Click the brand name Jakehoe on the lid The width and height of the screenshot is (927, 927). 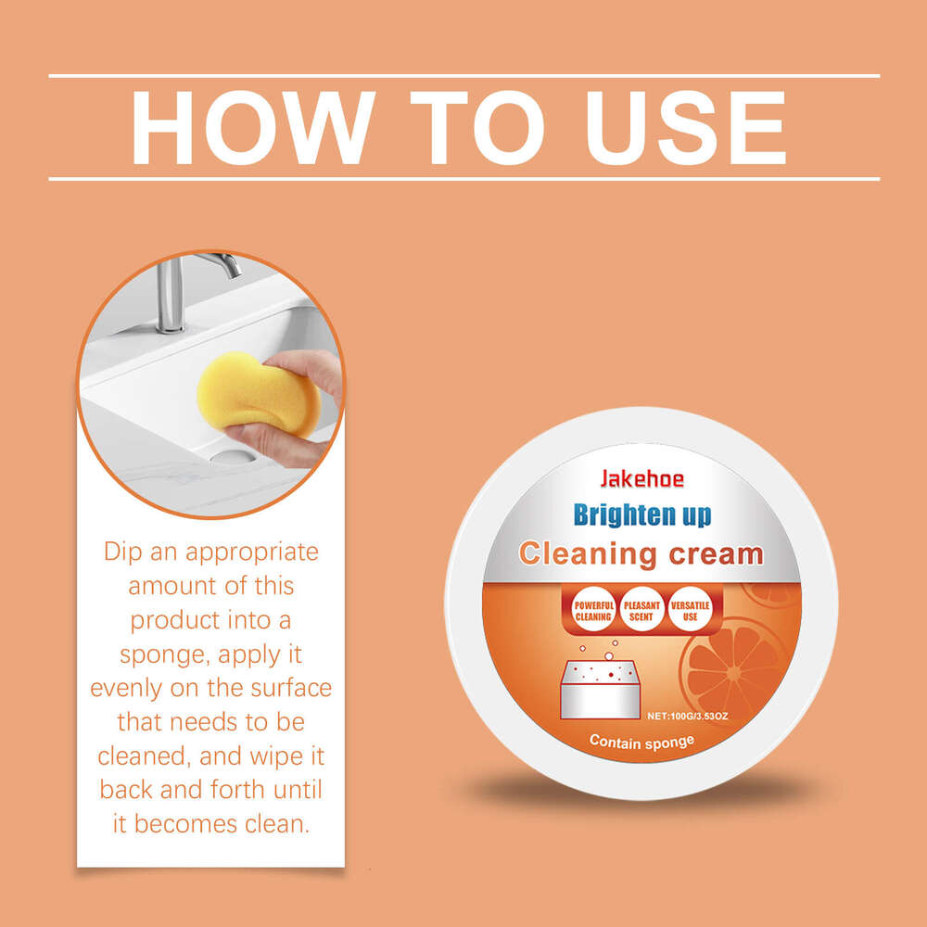coord(641,479)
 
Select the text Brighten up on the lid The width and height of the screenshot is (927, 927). coord(641,514)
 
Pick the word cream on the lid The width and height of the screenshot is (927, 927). coord(713,554)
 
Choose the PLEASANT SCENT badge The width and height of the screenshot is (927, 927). coord(641,610)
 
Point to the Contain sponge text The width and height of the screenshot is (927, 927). coord(641,741)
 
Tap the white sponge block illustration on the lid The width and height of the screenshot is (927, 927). coord(603,686)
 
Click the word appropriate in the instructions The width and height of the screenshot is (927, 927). coord(252,552)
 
